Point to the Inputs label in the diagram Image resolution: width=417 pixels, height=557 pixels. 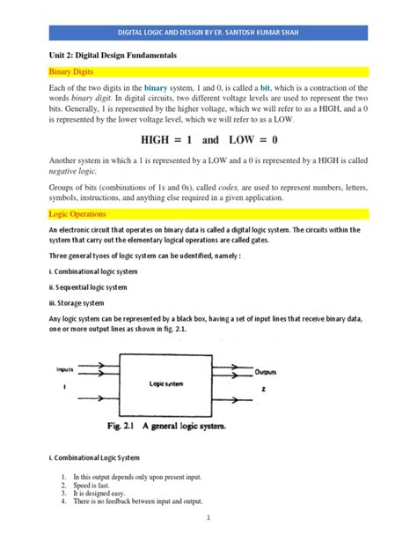pos(64,368)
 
